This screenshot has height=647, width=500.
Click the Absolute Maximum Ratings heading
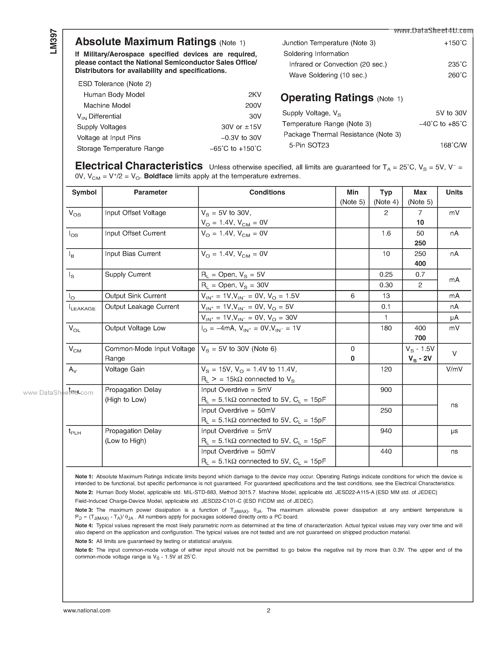point(145,42)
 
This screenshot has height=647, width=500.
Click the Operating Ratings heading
point(327,98)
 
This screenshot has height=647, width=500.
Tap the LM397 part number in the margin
point(54,41)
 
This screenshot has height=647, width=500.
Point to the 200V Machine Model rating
point(253,105)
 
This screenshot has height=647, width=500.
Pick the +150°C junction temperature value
point(455,43)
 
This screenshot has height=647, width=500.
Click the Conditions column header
point(267,192)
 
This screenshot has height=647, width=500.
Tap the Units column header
point(454,192)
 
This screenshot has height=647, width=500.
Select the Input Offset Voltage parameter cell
point(135,213)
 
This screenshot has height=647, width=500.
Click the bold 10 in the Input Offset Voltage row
point(420,223)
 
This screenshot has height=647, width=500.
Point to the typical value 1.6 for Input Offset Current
point(386,233)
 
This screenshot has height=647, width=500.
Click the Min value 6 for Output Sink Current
point(352,296)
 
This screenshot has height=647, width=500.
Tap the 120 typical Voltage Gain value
point(386,369)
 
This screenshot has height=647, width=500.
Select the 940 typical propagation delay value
point(386,431)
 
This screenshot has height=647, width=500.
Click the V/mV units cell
point(454,369)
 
